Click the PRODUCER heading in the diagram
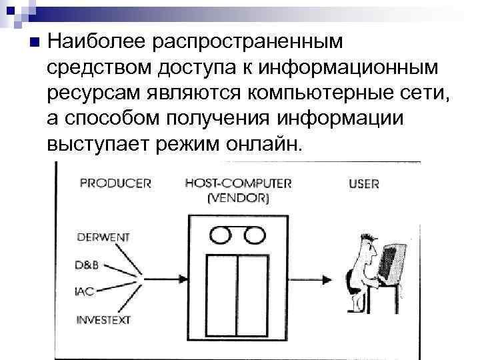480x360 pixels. (115, 183)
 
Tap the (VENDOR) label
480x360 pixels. (238, 198)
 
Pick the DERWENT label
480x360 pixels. (103, 237)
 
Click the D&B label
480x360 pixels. (88, 265)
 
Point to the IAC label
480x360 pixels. (85, 291)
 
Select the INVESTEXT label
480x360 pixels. (106, 319)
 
